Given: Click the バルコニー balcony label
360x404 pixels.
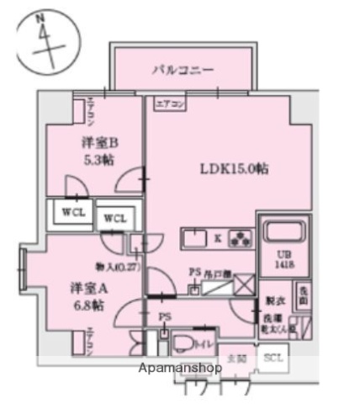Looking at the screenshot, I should click(183, 70).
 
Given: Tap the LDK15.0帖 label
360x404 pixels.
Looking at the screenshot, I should click(234, 168).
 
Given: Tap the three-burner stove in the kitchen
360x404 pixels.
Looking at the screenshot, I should click(241, 238).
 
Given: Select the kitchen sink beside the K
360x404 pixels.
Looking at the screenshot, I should click(193, 238).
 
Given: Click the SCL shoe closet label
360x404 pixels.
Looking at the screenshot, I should click(273, 358).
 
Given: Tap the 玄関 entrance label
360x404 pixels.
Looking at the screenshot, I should click(239, 359).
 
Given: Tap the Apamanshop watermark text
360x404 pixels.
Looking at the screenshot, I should click(180, 369).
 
